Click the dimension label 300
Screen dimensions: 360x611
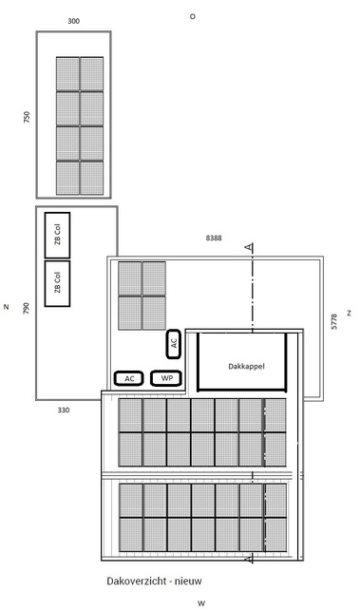point(74,21)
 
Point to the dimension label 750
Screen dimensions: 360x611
point(27,117)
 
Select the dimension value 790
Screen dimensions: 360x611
point(27,309)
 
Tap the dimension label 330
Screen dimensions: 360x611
point(64,410)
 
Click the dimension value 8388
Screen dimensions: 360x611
point(214,238)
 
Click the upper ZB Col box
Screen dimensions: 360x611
point(57,236)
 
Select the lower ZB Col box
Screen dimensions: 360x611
point(57,284)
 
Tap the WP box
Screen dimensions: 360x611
point(166,378)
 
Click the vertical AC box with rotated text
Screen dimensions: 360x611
point(174,344)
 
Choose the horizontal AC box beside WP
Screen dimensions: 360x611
point(129,378)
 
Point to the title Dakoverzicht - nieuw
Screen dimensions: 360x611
point(154,581)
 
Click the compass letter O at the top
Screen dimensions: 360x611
point(193,16)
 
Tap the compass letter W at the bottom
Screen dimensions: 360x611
point(201,603)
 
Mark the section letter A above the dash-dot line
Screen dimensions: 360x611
point(249,247)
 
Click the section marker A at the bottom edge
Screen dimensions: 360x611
point(248,559)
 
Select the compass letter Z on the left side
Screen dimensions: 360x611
point(7,307)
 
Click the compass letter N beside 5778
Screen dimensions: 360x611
point(349,313)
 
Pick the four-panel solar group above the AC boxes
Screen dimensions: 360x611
point(142,296)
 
